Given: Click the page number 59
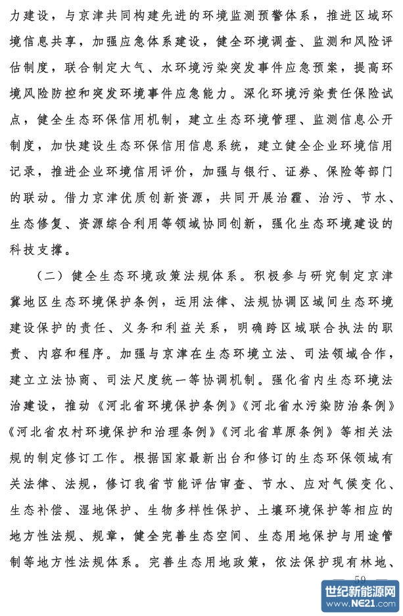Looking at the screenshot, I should (359, 579).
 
